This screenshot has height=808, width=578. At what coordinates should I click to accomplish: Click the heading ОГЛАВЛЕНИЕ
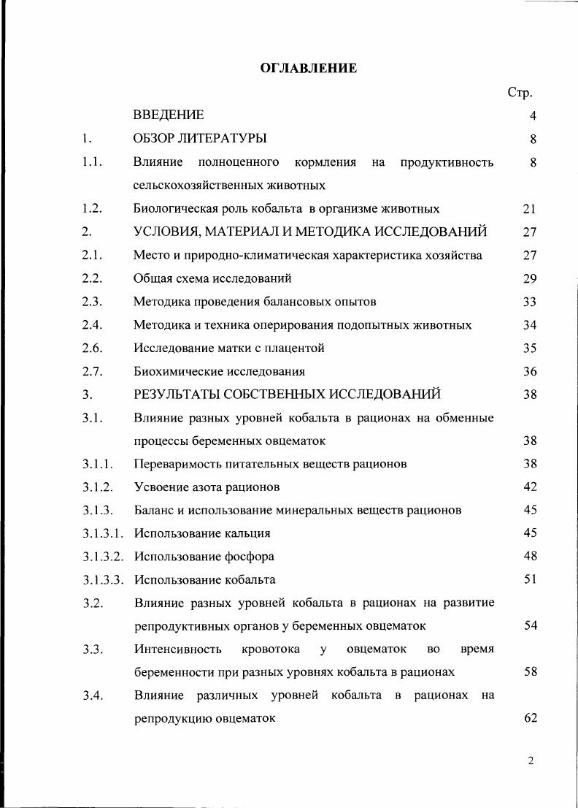[309, 69]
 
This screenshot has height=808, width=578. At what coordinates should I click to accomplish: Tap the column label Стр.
[520, 93]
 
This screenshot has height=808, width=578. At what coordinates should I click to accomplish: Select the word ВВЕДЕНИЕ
[169, 115]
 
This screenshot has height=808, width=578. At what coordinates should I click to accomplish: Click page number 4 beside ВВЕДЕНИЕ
[533, 115]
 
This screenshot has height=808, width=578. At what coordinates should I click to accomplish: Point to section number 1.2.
[91, 209]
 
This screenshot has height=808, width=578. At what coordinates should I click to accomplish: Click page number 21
[530, 209]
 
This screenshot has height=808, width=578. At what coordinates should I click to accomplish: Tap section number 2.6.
[91, 348]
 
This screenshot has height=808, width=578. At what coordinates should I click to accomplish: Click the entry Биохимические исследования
[219, 371]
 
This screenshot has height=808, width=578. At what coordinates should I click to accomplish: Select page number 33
[530, 302]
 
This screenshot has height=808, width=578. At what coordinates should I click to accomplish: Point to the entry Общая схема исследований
[212, 278]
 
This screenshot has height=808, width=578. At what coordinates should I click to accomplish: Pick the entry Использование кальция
[202, 533]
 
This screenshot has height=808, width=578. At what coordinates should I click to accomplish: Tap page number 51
[530, 579]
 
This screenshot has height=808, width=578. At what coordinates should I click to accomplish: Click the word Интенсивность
[178, 649]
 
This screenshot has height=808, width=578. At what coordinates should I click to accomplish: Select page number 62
[530, 718]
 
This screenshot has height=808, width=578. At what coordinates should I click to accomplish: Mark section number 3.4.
[91, 695]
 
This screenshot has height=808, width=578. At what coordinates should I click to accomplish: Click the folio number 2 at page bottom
[531, 761]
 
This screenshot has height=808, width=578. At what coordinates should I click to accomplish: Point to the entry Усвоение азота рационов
[207, 487]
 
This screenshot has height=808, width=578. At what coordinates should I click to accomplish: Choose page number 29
[530, 278]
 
